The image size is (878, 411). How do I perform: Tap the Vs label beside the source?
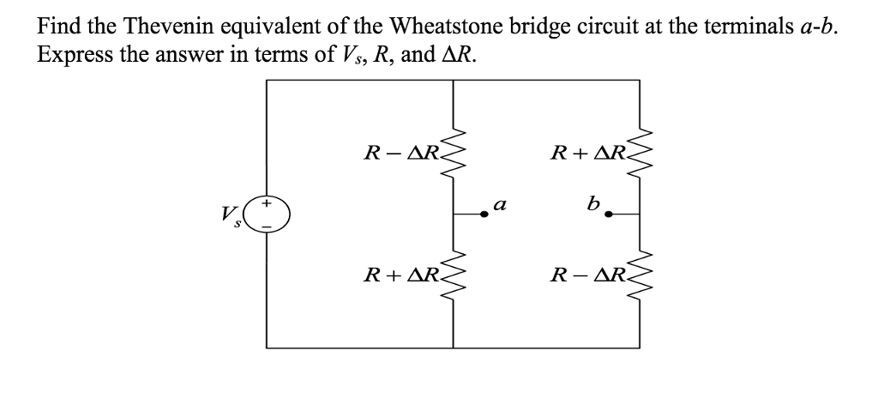click(228, 215)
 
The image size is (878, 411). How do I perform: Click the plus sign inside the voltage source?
click(268, 204)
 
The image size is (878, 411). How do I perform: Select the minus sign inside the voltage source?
click(268, 226)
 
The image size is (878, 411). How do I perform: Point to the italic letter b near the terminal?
click(592, 204)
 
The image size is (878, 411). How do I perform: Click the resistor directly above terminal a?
click(454, 155)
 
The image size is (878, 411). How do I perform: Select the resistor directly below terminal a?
click(454, 275)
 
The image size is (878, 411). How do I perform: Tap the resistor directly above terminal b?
click(640, 155)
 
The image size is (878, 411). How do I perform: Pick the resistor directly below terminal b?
click(640, 275)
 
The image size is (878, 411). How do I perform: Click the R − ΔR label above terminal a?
click(401, 155)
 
